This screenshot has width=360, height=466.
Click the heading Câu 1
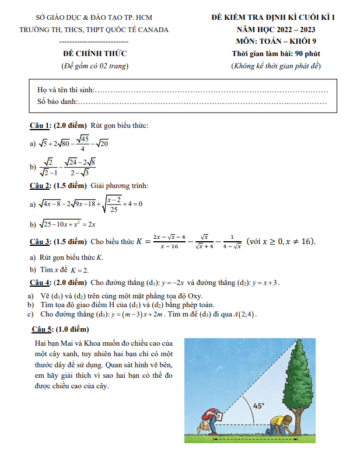pyautogui.click(x=40, y=126)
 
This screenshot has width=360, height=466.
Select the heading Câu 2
pyautogui.click(x=40, y=186)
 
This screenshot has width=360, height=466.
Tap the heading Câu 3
pyautogui.click(x=40, y=241)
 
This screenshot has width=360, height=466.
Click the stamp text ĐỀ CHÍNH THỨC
pyautogui.click(x=95, y=54)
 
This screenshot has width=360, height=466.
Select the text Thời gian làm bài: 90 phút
pyautogui.click(x=276, y=54)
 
